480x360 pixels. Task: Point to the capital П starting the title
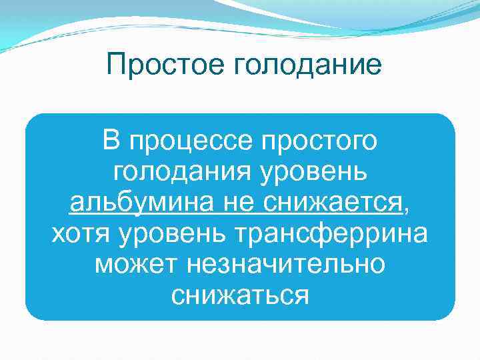coord(115,65)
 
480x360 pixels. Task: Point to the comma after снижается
coord(408,209)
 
